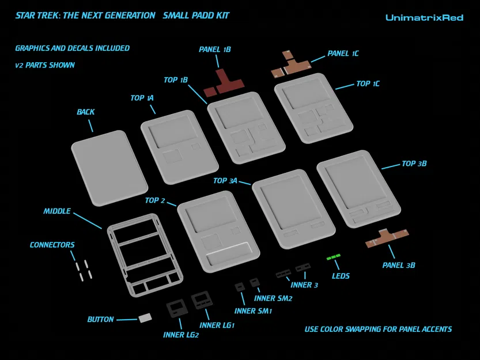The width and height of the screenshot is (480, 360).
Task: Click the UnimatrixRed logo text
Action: tap(424, 18)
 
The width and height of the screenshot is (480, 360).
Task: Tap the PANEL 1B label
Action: tap(214, 50)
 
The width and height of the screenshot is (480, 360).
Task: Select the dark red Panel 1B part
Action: tap(224, 82)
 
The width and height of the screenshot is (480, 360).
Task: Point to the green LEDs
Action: tap(334, 256)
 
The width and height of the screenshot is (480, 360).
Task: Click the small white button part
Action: tap(145, 318)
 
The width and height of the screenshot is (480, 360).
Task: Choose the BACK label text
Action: tap(86, 112)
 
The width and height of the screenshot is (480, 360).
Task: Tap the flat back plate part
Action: tap(109, 168)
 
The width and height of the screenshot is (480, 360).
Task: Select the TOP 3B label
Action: tap(414, 164)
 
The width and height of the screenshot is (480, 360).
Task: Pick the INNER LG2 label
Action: tap(180, 335)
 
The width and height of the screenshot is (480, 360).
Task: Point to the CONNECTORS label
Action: tap(52, 245)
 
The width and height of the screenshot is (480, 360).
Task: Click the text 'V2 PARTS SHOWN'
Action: tap(45, 65)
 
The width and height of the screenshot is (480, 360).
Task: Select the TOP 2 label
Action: tap(155, 200)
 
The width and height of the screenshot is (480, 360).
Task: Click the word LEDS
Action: tap(341, 276)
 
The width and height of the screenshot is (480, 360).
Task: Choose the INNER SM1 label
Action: tap(253, 311)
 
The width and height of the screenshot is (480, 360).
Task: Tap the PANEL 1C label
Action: tap(343, 53)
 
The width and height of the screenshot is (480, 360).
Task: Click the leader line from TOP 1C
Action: tap(345, 86)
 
